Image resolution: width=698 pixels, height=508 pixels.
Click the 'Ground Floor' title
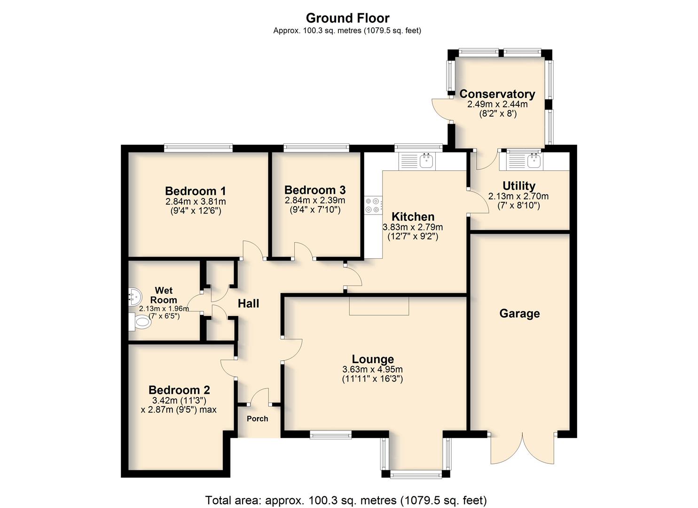[347, 18]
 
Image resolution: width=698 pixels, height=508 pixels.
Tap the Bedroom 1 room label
[196, 191]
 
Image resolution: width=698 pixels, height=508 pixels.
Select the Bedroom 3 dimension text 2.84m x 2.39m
[315, 200]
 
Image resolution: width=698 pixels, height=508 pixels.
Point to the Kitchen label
[413, 216]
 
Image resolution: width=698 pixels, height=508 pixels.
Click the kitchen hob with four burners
[373, 206]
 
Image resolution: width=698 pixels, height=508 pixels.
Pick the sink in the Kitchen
[426, 161]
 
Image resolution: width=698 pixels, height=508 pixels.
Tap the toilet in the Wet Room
[140, 322]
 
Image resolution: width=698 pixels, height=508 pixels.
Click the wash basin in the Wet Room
[134, 296]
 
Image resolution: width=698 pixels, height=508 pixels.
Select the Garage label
[519, 313]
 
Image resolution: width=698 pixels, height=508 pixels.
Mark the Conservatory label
[497, 94]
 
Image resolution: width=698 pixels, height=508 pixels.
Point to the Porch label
[258, 419]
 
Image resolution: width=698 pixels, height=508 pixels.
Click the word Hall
[248, 303]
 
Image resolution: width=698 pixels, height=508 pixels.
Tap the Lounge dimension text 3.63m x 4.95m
[372, 369]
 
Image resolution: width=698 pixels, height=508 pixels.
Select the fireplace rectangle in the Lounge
[379, 306]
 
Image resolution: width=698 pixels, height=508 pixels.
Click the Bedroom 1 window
[198, 148]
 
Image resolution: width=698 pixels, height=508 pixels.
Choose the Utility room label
[519, 185]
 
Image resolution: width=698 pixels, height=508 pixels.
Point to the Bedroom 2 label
[179, 390]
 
